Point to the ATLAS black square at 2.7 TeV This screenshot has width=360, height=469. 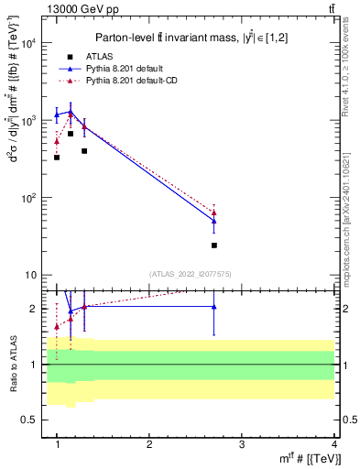[214, 245]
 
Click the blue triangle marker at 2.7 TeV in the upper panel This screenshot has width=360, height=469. [214, 221]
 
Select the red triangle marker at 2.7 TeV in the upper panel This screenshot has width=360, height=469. [214, 213]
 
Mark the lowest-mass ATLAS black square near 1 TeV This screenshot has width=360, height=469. [57, 158]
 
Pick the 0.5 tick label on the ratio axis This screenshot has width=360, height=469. [29, 420]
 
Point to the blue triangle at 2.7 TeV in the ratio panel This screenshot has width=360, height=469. [214, 307]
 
